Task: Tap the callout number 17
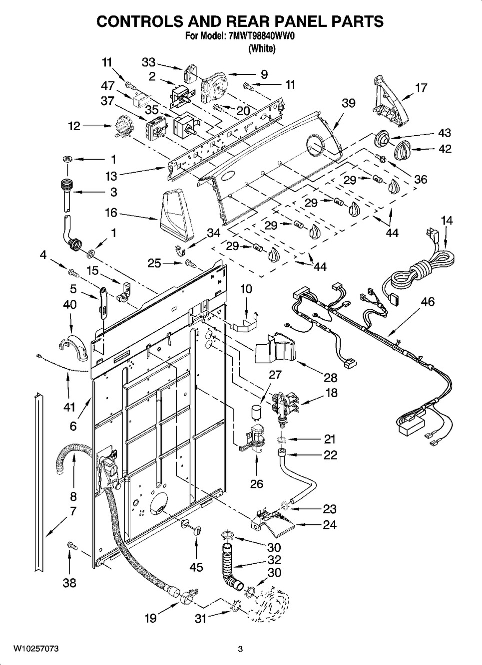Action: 421,88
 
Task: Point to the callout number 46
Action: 428,301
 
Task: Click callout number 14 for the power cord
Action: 447,221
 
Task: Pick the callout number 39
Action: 348,103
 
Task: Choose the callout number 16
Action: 110,213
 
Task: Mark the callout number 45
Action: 196,567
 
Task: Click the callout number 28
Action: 330,378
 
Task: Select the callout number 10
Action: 246,289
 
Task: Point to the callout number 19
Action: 150,619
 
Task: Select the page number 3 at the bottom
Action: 240,649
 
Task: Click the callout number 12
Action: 74,127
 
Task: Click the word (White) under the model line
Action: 261,48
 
